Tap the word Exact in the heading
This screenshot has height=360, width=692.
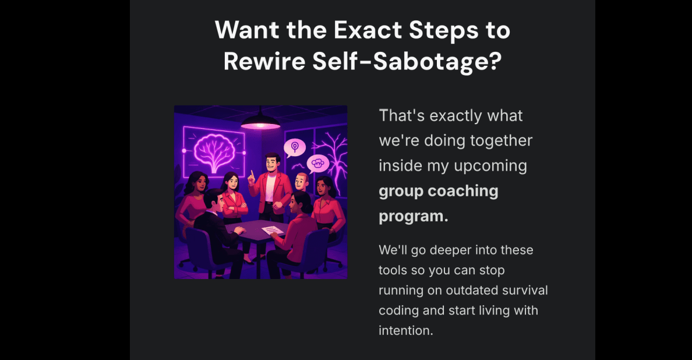pos(368,30)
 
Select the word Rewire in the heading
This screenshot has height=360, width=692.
pos(264,61)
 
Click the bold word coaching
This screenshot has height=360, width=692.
pos(463,192)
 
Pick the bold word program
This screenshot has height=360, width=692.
pos(414,217)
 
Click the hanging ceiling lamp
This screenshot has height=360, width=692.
pos(260,119)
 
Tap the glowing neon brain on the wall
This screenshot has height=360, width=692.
pos(214,151)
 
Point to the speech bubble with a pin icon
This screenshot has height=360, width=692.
pos(294,148)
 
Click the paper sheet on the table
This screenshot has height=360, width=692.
pos(272,230)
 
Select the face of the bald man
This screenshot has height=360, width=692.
pos(301,181)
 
